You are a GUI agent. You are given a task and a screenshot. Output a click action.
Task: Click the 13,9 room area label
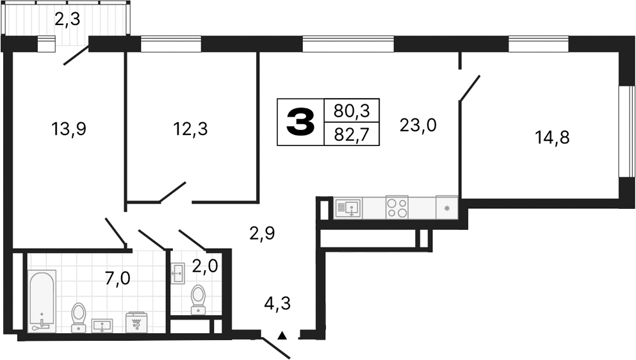point(69,129)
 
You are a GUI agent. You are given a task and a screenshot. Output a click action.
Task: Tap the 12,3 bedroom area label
point(191,129)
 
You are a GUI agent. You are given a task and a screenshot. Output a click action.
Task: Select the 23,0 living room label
point(418,124)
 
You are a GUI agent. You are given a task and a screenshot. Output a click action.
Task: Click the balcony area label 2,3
point(67,20)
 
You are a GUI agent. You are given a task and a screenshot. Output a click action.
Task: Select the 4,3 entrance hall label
point(277,303)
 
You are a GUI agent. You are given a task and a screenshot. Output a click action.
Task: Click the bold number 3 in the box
point(300,122)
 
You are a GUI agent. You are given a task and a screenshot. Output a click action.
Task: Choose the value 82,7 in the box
point(352,134)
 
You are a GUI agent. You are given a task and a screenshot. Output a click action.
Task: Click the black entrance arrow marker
point(281,334)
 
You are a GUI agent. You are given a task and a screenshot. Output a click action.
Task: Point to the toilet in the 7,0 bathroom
point(79,316)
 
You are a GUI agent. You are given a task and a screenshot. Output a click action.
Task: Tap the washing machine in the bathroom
point(136,322)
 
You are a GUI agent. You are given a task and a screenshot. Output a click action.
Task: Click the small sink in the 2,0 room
point(177,273)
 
